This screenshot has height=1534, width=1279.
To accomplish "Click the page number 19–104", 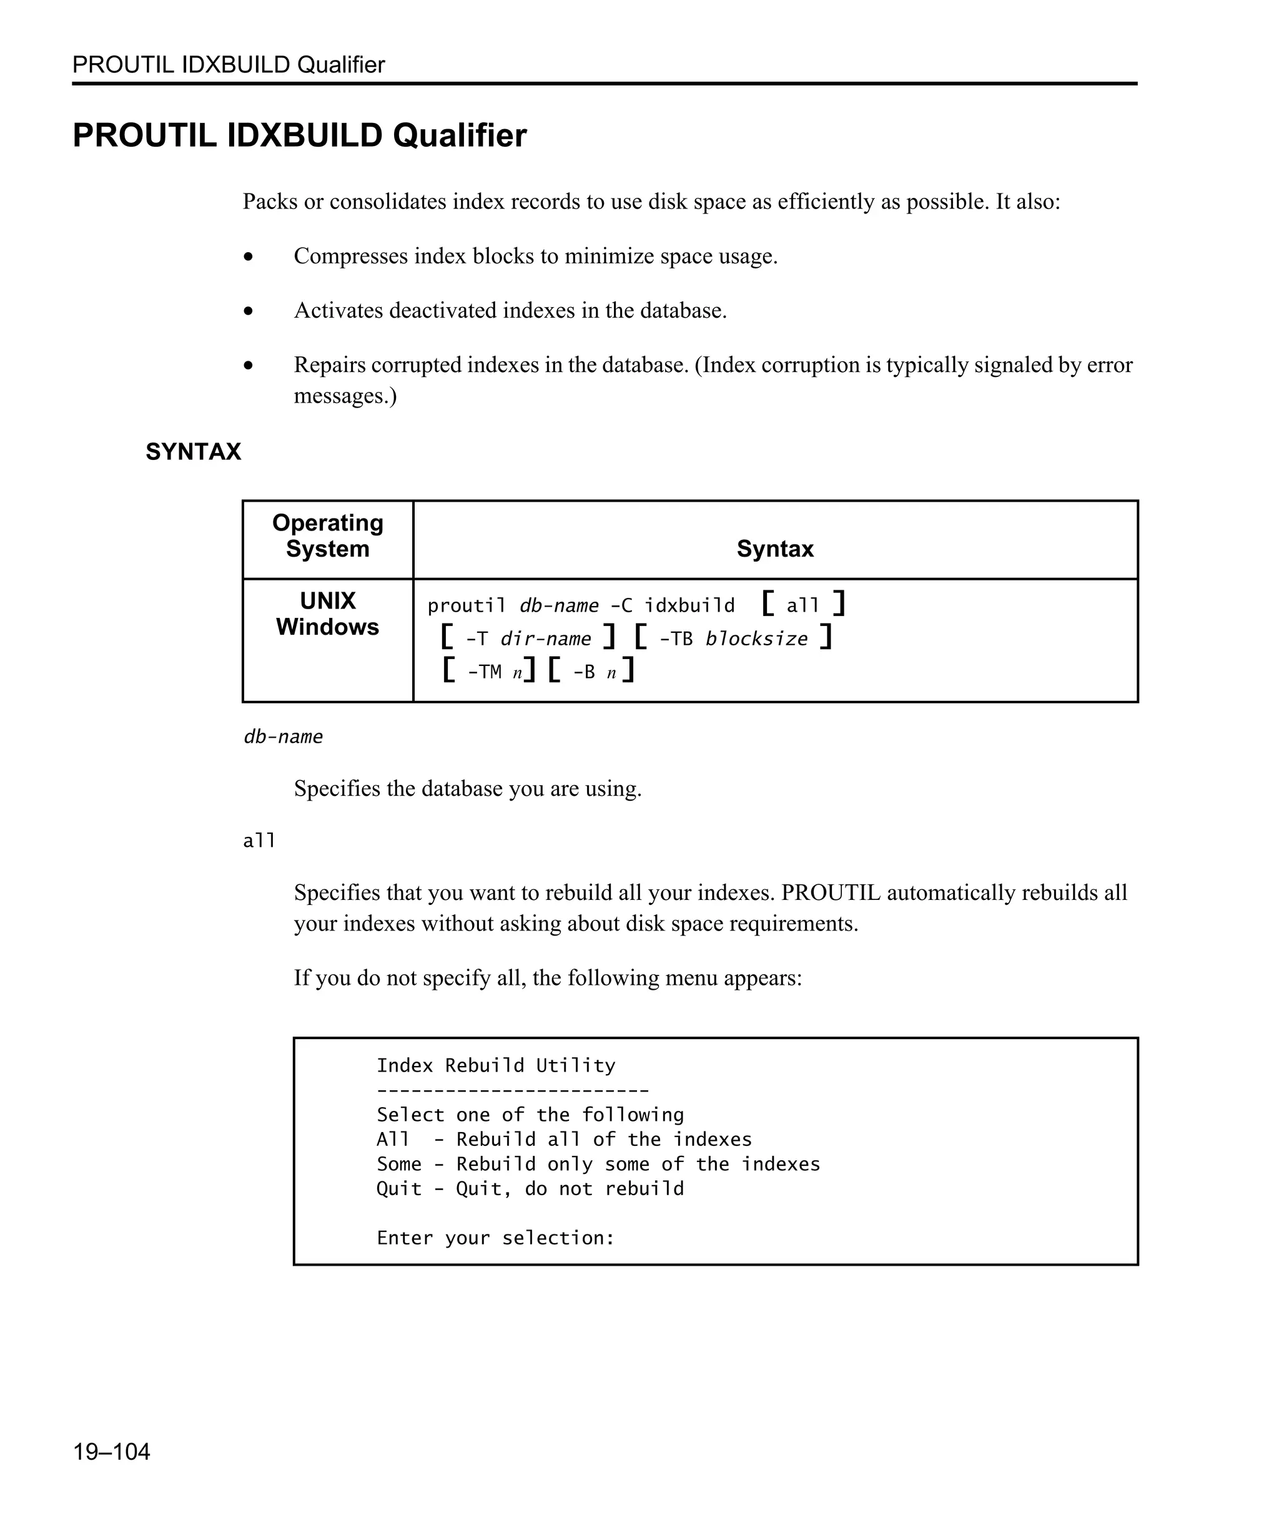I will [111, 1452].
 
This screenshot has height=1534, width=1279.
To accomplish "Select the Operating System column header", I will [327, 535].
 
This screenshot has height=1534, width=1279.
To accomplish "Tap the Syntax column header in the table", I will [775, 549].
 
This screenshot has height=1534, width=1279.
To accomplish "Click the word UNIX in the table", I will [327, 600].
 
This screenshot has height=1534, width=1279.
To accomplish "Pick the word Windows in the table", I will [327, 627].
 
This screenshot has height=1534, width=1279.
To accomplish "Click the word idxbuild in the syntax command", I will [689, 605].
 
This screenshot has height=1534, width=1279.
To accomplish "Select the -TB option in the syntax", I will [675, 639].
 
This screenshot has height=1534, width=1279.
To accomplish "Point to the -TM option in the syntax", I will [484, 672].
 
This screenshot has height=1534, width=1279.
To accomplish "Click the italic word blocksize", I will [756, 639].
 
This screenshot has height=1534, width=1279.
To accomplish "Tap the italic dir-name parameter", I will [545, 639].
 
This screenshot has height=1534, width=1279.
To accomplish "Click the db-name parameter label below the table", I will [283, 736].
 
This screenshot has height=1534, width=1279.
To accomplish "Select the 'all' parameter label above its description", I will [259, 841].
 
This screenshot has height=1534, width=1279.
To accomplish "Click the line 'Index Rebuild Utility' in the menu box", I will [495, 1065].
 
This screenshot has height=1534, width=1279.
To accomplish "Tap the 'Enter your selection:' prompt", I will [495, 1238].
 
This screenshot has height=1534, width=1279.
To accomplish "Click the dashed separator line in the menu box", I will [511, 1091].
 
